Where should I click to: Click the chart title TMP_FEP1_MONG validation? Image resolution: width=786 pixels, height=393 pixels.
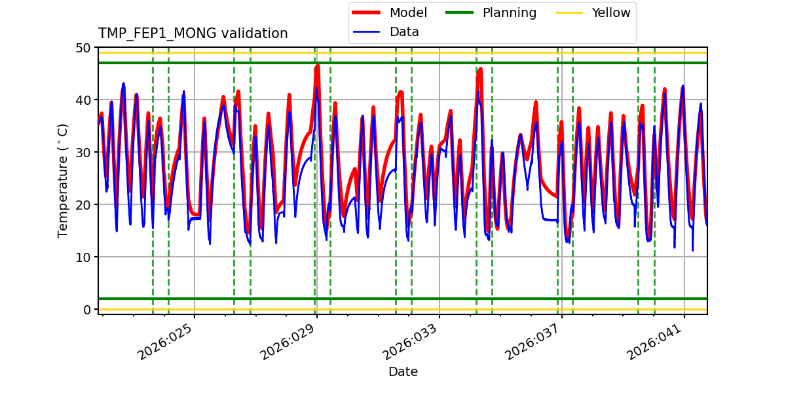pos(193,33)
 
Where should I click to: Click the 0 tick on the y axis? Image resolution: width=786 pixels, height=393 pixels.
pos(86,310)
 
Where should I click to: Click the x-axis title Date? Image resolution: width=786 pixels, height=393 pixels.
pos(403,372)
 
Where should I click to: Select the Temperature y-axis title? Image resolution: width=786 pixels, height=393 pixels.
pos(63,180)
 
